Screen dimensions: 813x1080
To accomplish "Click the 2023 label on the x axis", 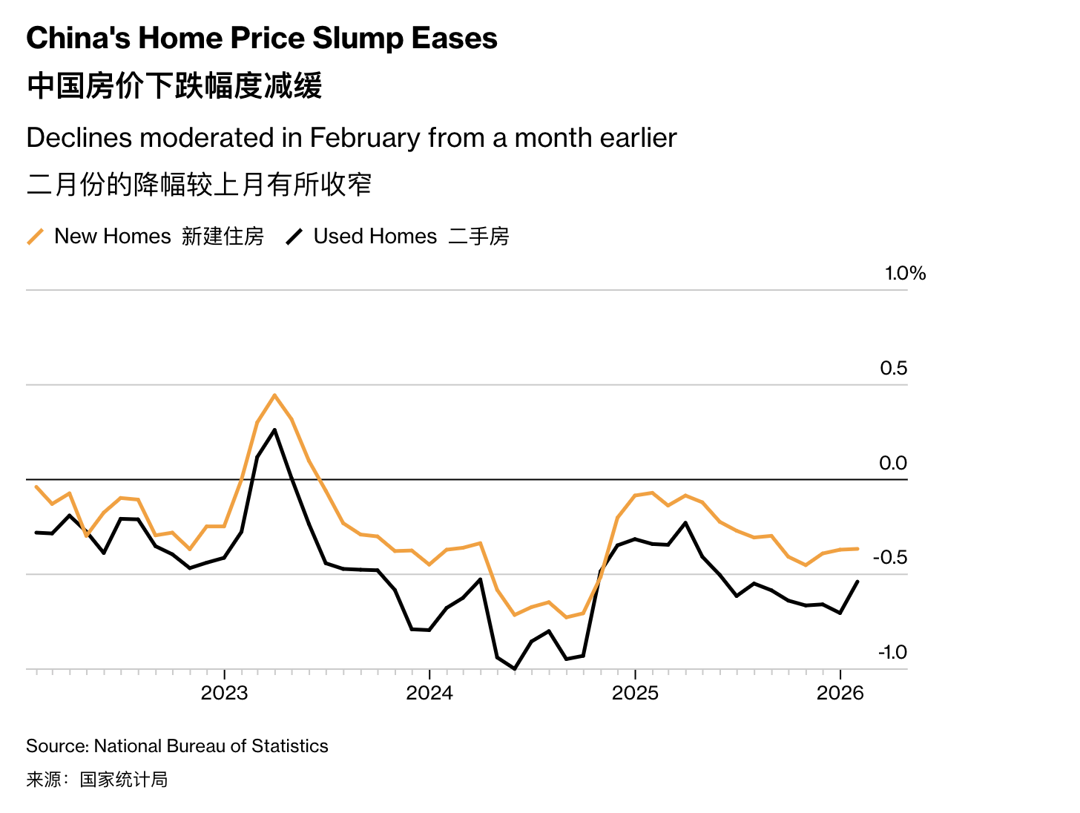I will coord(224,693).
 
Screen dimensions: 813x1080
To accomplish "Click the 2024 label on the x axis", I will coord(429,693).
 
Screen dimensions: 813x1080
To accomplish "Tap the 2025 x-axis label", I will coord(635,693).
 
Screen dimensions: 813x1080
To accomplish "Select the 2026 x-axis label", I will coord(840,693).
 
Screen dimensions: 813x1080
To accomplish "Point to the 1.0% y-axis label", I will coord(905,274).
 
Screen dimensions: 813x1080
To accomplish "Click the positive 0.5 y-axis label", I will coord(893,369).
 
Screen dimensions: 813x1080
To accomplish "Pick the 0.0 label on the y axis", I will coord(893,464).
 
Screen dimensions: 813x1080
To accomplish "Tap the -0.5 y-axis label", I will coord(890,558).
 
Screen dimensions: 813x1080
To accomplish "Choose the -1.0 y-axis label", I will coord(892,653).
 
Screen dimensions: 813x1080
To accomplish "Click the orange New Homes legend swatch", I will coord(36,237).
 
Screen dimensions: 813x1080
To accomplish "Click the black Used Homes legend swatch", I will coord(294,237).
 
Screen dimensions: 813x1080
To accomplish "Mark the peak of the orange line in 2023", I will coord(274,395).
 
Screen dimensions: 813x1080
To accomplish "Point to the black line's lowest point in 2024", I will coord(515,668).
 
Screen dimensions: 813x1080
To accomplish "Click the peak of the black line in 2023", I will coord(275,429).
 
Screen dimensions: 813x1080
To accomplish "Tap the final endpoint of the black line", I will coord(857,582).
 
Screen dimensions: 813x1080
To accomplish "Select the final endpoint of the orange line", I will coord(857,549).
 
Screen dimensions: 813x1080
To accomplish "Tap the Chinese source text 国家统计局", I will coord(124,780).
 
